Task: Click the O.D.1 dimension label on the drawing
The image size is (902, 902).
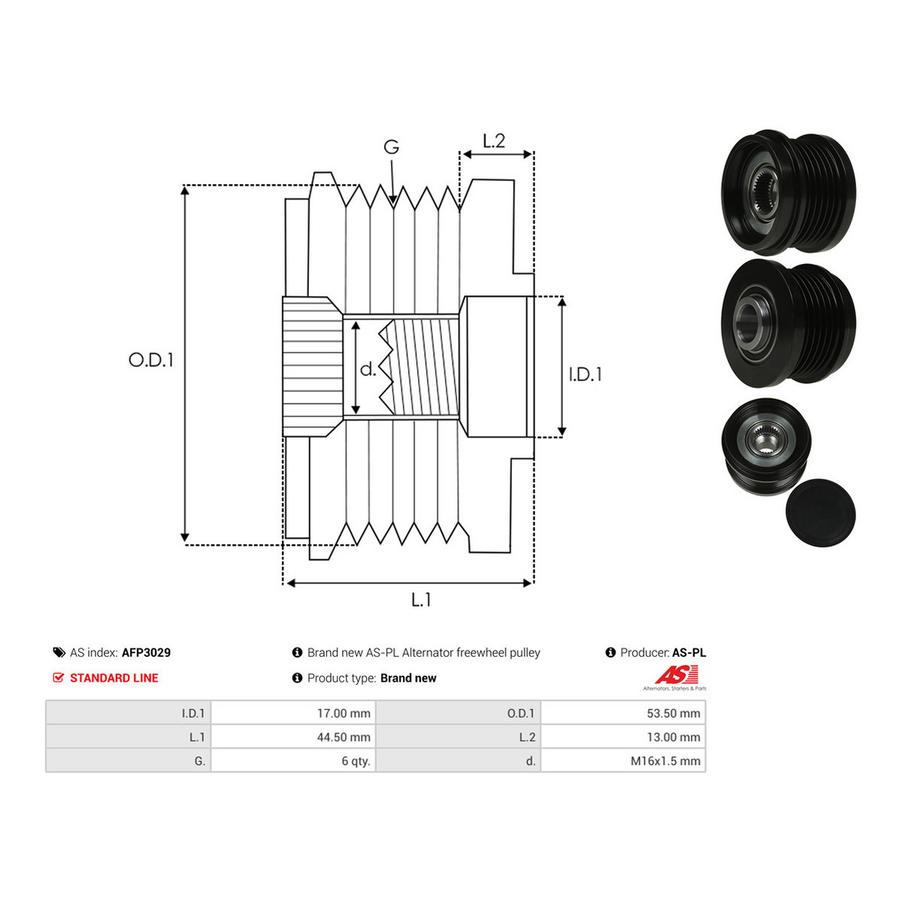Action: click(151, 360)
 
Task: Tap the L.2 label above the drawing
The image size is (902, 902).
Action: click(494, 141)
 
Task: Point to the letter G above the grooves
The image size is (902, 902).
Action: click(392, 147)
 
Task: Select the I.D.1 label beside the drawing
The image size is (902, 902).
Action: click(585, 374)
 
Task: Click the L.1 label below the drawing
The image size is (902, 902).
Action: click(421, 600)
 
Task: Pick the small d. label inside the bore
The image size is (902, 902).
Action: click(368, 369)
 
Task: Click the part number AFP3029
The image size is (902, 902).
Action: click(146, 652)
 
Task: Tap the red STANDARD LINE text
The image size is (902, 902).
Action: click(114, 678)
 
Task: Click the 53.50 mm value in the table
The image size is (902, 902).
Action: click(673, 713)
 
